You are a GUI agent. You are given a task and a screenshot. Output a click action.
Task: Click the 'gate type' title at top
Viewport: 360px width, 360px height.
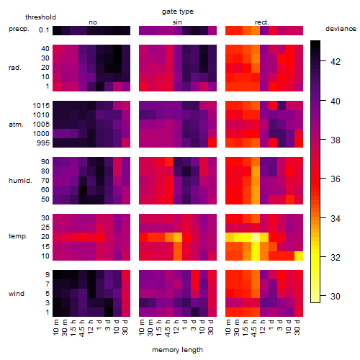[x=178, y=12]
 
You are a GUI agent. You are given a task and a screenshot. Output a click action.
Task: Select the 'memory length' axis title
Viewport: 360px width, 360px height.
[x=177, y=350]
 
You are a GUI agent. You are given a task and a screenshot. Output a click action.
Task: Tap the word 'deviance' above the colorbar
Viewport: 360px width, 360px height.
[x=341, y=29]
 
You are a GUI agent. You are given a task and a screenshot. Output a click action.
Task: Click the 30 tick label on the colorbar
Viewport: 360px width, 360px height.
[x=336, y=297]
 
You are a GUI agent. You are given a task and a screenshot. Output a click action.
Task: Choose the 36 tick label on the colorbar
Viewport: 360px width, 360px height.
[x=336, y=179]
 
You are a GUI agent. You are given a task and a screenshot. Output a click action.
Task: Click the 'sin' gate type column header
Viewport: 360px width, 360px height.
[x=177, y=22]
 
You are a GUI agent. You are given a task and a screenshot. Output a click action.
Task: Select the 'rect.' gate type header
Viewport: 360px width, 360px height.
[x=262, y=22]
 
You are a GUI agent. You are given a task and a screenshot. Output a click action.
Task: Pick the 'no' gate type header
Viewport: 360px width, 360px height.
[x=93, y=22]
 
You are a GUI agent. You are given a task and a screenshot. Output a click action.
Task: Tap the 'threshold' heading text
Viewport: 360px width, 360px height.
[x=40, y=17]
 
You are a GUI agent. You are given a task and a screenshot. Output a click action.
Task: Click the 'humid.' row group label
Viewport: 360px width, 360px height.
[x=20, y=181]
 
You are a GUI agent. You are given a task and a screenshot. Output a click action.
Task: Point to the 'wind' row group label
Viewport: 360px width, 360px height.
[x=17, y=294]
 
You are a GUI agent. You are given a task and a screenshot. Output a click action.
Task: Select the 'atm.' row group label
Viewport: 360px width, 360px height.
[x=16, y=125]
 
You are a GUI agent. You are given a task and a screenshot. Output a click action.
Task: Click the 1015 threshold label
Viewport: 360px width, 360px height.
[x=41, y=106]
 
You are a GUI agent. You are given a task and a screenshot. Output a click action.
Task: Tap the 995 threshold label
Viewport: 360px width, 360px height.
[x=43, y=143]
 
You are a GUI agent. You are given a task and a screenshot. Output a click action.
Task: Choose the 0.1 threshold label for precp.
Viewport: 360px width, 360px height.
[x=44, y=30]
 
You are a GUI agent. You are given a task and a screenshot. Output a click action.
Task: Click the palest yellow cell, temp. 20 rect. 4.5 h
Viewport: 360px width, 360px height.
[x=256, y=238]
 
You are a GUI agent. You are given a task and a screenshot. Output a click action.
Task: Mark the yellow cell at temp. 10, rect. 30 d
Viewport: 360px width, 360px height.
[x=299, y=256]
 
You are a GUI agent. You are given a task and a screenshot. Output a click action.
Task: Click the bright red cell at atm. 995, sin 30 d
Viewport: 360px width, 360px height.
[x=212, y=143]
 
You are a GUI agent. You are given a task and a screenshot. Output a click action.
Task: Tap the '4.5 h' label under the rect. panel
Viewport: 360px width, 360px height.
[x=254, y=328]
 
